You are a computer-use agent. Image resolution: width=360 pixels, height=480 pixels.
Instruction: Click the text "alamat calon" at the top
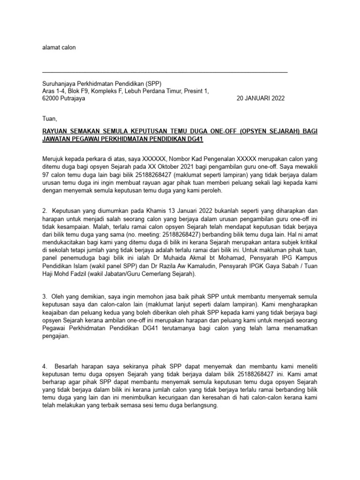tap(59, 47)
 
